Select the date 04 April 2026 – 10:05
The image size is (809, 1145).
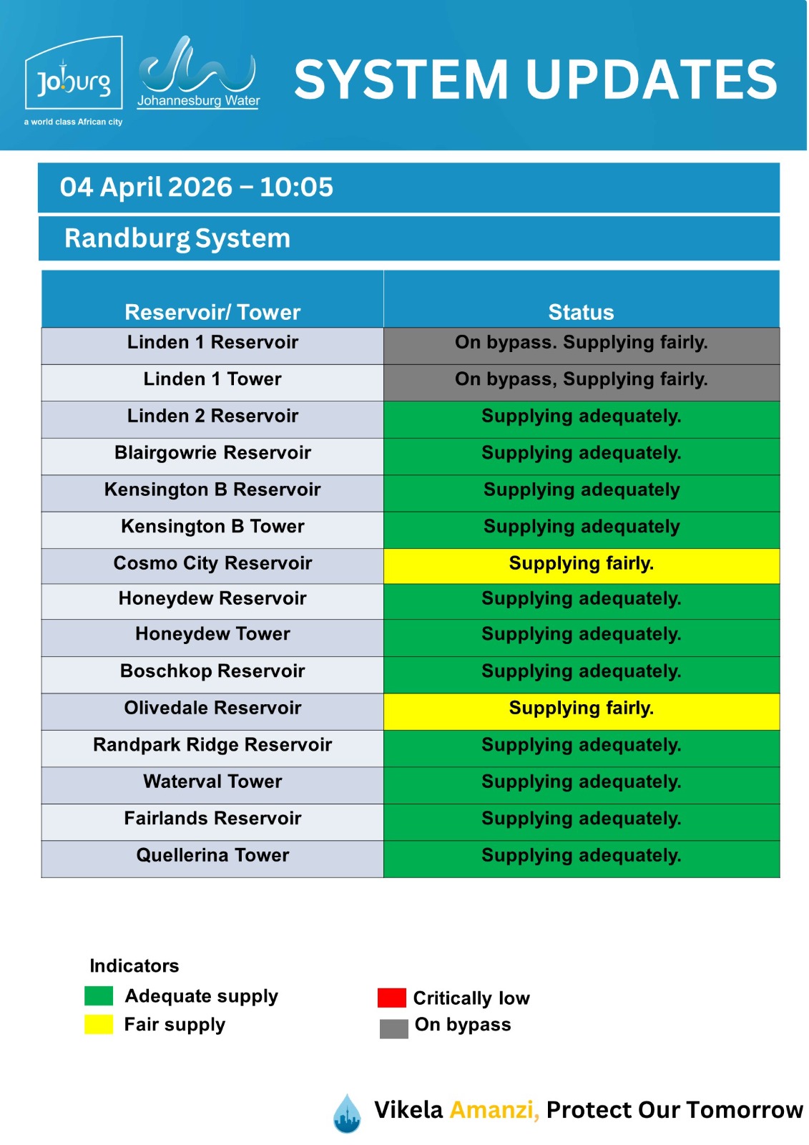[x=197, y=187]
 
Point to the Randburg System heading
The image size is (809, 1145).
[x=177, y=238]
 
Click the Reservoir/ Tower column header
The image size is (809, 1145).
[x=212, y=312]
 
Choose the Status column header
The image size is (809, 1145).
[x=581, y=312]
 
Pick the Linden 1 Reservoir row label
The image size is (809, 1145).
[x=212, y=342]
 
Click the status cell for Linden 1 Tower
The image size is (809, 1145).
[x=581, y=379]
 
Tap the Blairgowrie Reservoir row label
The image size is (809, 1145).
[x=212, y=453]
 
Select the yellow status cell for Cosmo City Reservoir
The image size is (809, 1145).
[x=581, y=564]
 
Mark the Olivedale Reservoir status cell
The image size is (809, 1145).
[x=581, y=708]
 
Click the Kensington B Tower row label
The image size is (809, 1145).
[x=212, y=527]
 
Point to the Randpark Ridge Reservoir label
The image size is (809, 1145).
[x=212, y=745]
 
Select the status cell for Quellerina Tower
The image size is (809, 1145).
[x=581, y=856]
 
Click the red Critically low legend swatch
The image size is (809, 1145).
[x=391, y=998]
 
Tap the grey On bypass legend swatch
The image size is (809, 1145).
[x=393, y=1028]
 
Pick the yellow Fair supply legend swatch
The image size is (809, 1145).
[x=99, y=1024]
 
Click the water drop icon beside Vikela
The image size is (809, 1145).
[x=347, y=1113]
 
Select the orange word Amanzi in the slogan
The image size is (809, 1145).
[x=494, y=1110]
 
